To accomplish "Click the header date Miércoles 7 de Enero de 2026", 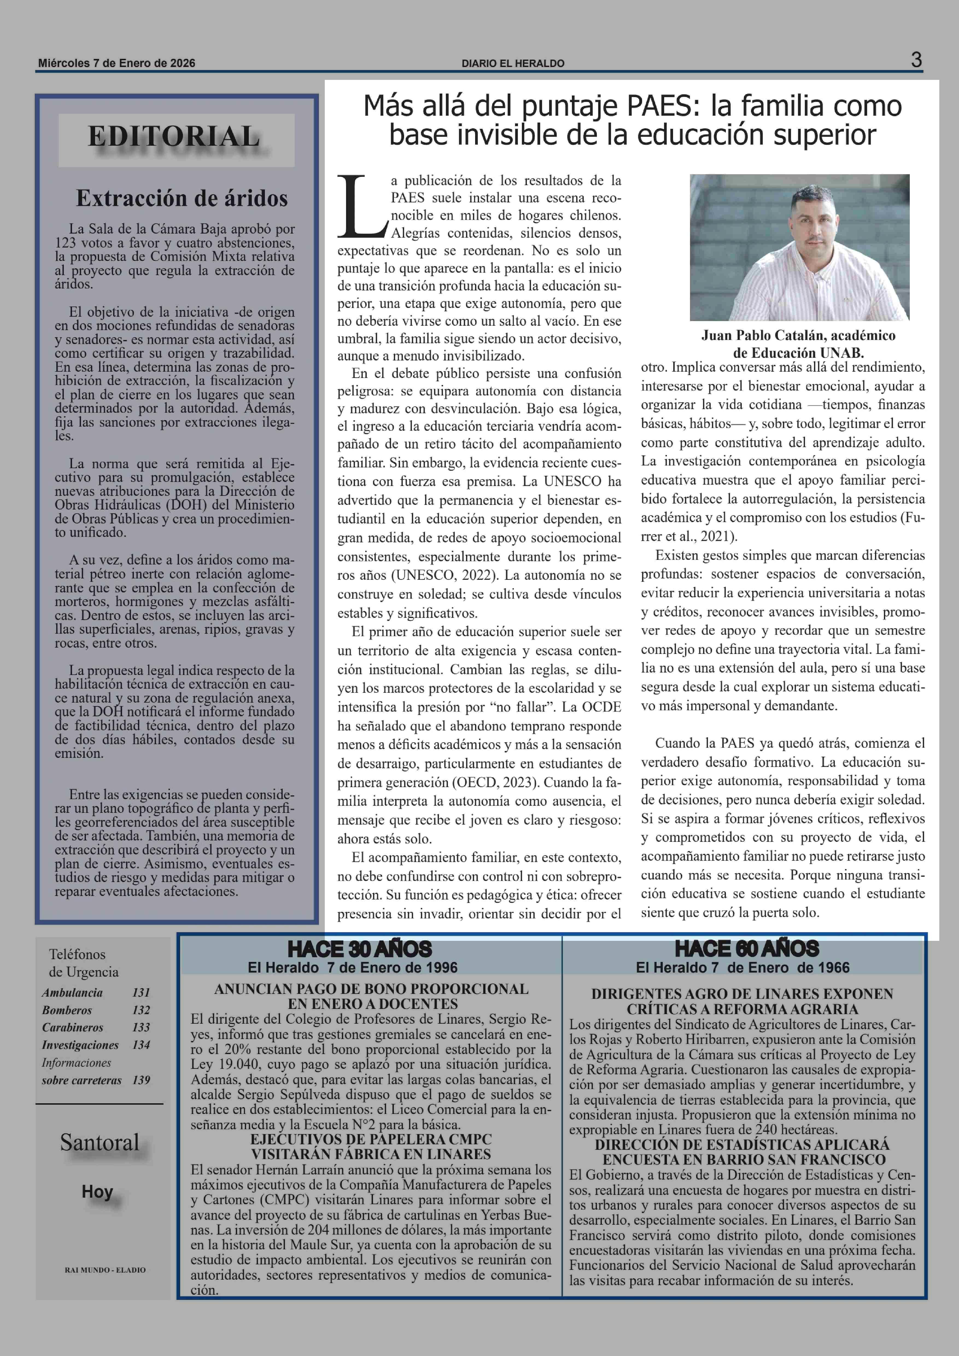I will [x=116, y=63].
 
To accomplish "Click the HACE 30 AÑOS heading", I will [x=360, y=950].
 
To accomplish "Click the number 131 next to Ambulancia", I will [x=141, y=993].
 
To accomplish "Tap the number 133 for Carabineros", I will [x=141, y=1028].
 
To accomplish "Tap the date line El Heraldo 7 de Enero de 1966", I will [x=742, y=968].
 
